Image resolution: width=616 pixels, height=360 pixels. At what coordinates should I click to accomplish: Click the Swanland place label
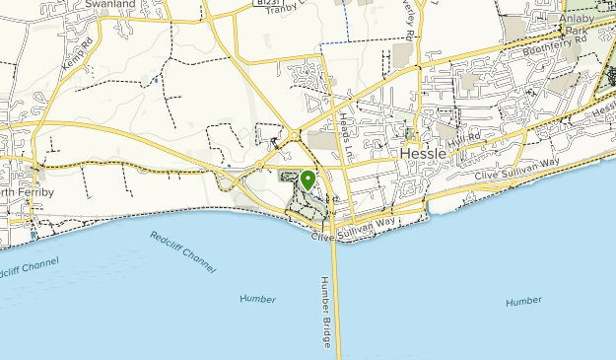[110, 5]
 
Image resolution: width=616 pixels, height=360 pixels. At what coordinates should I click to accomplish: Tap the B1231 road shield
[261, 4]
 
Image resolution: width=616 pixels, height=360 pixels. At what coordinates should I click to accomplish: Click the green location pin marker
[308, 180]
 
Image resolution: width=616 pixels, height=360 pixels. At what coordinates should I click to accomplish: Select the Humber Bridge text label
[325, 311]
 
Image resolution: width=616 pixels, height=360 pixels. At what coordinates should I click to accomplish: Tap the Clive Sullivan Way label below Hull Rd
[517, 169]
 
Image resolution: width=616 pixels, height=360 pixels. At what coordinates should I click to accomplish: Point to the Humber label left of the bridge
[257, 298]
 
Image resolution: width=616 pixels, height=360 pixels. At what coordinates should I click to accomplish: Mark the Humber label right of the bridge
[523, 301]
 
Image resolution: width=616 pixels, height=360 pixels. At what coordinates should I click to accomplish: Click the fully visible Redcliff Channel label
[183, 252]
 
